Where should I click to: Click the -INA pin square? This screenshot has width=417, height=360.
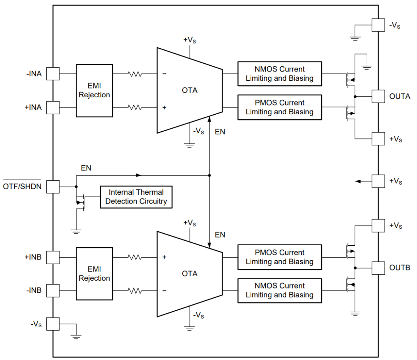(53, 73)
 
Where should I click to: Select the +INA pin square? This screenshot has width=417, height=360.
(53, 107)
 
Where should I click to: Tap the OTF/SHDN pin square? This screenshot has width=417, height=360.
(53, 187)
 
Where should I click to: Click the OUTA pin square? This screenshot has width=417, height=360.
(378, 96)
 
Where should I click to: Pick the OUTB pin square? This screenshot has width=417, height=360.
(378, 268)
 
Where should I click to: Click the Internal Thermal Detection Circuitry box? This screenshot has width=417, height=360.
(136, 197)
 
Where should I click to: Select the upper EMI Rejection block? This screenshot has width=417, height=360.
(95, 90)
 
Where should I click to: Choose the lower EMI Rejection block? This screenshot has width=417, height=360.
(95, 274)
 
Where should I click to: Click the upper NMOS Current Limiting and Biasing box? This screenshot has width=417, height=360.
(280, 74)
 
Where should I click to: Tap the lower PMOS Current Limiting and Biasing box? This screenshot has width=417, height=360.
(280, 257)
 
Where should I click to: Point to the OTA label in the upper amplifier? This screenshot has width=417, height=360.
(190, 90)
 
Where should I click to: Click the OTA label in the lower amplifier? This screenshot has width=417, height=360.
(190, 274)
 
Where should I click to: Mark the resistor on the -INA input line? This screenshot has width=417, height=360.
(135, 74)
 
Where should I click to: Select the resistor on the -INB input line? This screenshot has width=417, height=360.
(135, 290)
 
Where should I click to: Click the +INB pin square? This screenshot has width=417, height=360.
(53, 257)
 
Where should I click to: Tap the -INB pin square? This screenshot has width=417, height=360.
(53, 290)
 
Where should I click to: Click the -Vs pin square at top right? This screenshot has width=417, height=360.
(378, 25)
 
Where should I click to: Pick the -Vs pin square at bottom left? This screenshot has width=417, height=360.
(53, 324)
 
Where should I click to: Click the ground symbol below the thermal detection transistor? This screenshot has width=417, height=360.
(76, 232)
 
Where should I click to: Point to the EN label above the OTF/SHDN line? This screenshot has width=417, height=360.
(86, 168)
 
